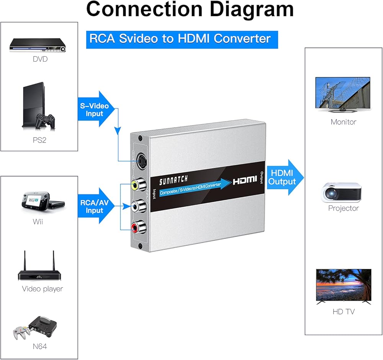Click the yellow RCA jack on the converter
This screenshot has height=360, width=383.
pyautogui.click(x=136, y=186)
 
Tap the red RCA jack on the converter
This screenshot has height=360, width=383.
pyautogui.click(x=136, y=229)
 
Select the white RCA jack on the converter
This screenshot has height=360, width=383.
pyautogui.click(x=136, y=207)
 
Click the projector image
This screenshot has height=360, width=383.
pyautogui.click(x=342, y=191)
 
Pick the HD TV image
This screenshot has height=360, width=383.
pyautogui.click(x=344, y=286)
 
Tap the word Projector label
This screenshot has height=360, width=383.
pyautogui.click(x=343, y=208)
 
